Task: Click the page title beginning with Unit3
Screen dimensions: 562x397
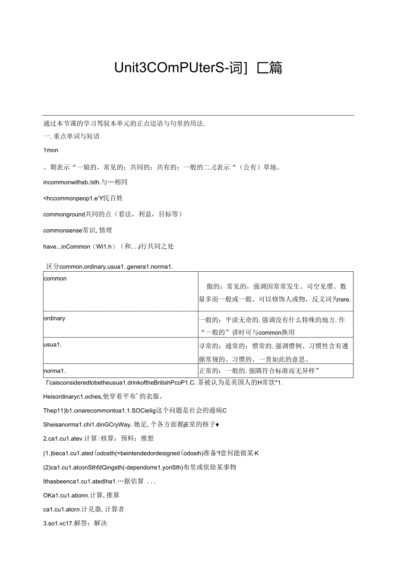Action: pos(198,68)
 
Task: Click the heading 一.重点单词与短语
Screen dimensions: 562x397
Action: pos(72,137)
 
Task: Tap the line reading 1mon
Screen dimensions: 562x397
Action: pos(51,150)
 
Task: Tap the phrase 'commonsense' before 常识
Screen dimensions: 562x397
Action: pos(62,230)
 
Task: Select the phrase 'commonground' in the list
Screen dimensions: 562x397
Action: pos(63,214)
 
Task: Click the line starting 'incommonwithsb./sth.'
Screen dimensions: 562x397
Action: pos(85,182)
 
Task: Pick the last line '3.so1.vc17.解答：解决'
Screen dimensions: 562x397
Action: pos(75,523)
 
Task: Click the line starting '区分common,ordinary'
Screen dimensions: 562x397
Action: pos(110,267)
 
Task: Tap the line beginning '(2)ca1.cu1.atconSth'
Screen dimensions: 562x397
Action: pos(140,467)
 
